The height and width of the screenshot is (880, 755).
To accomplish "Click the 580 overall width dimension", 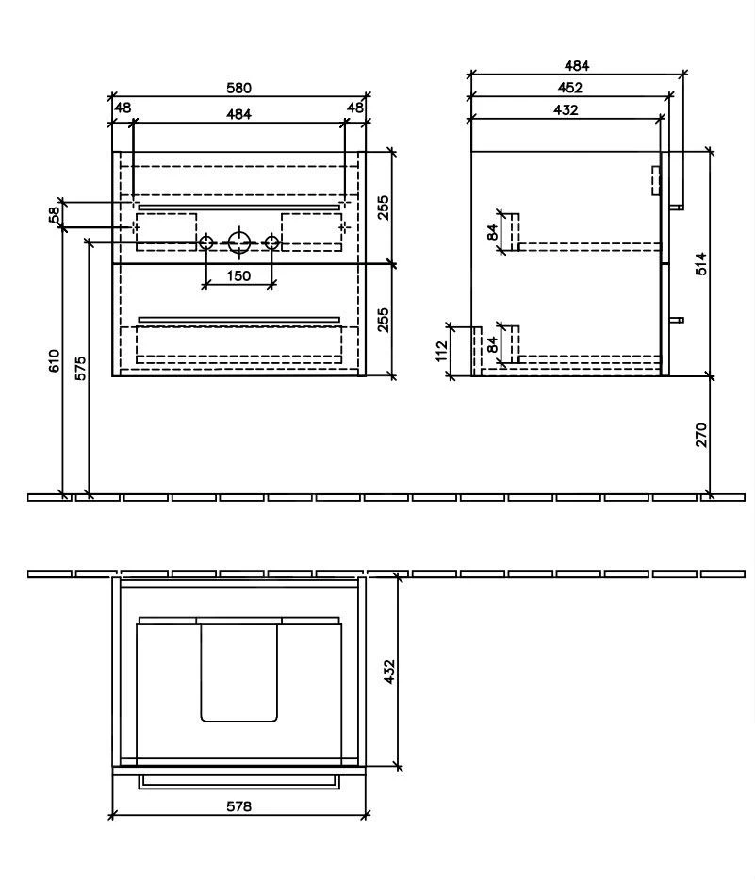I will (239, 88).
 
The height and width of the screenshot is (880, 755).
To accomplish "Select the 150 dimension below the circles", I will (238, 275).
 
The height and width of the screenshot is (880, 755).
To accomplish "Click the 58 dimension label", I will (55, 215).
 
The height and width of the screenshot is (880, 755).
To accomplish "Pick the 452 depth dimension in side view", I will (569, 88).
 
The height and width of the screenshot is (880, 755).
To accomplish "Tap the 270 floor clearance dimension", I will (700, 435).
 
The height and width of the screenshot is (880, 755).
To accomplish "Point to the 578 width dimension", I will (237, 806).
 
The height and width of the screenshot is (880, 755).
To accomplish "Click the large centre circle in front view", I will (239, 242).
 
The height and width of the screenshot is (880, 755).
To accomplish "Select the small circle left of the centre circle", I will (206, 243).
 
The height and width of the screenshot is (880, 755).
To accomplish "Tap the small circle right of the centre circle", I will (271, 243).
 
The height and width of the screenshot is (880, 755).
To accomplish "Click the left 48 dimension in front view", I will (123, 108).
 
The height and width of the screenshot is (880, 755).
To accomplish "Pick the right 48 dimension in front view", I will (355, 108).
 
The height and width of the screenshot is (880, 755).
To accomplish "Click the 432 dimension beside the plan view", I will (388, 672).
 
